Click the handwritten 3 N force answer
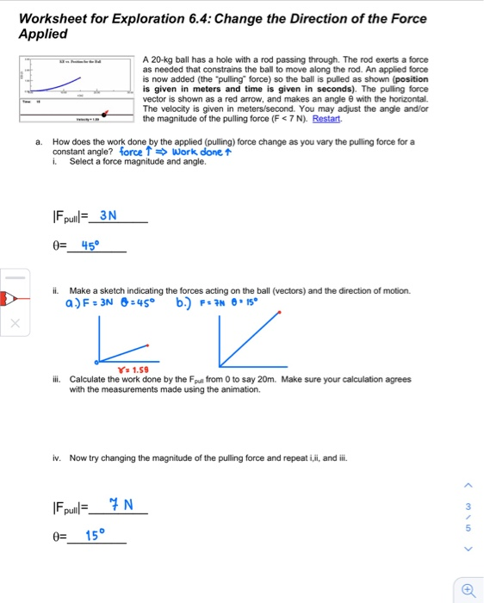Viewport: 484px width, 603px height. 109,215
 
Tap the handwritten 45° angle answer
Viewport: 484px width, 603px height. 90,245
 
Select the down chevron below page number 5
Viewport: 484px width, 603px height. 468,548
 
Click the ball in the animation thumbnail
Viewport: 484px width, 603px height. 105,113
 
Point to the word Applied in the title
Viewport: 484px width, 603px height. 42,34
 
